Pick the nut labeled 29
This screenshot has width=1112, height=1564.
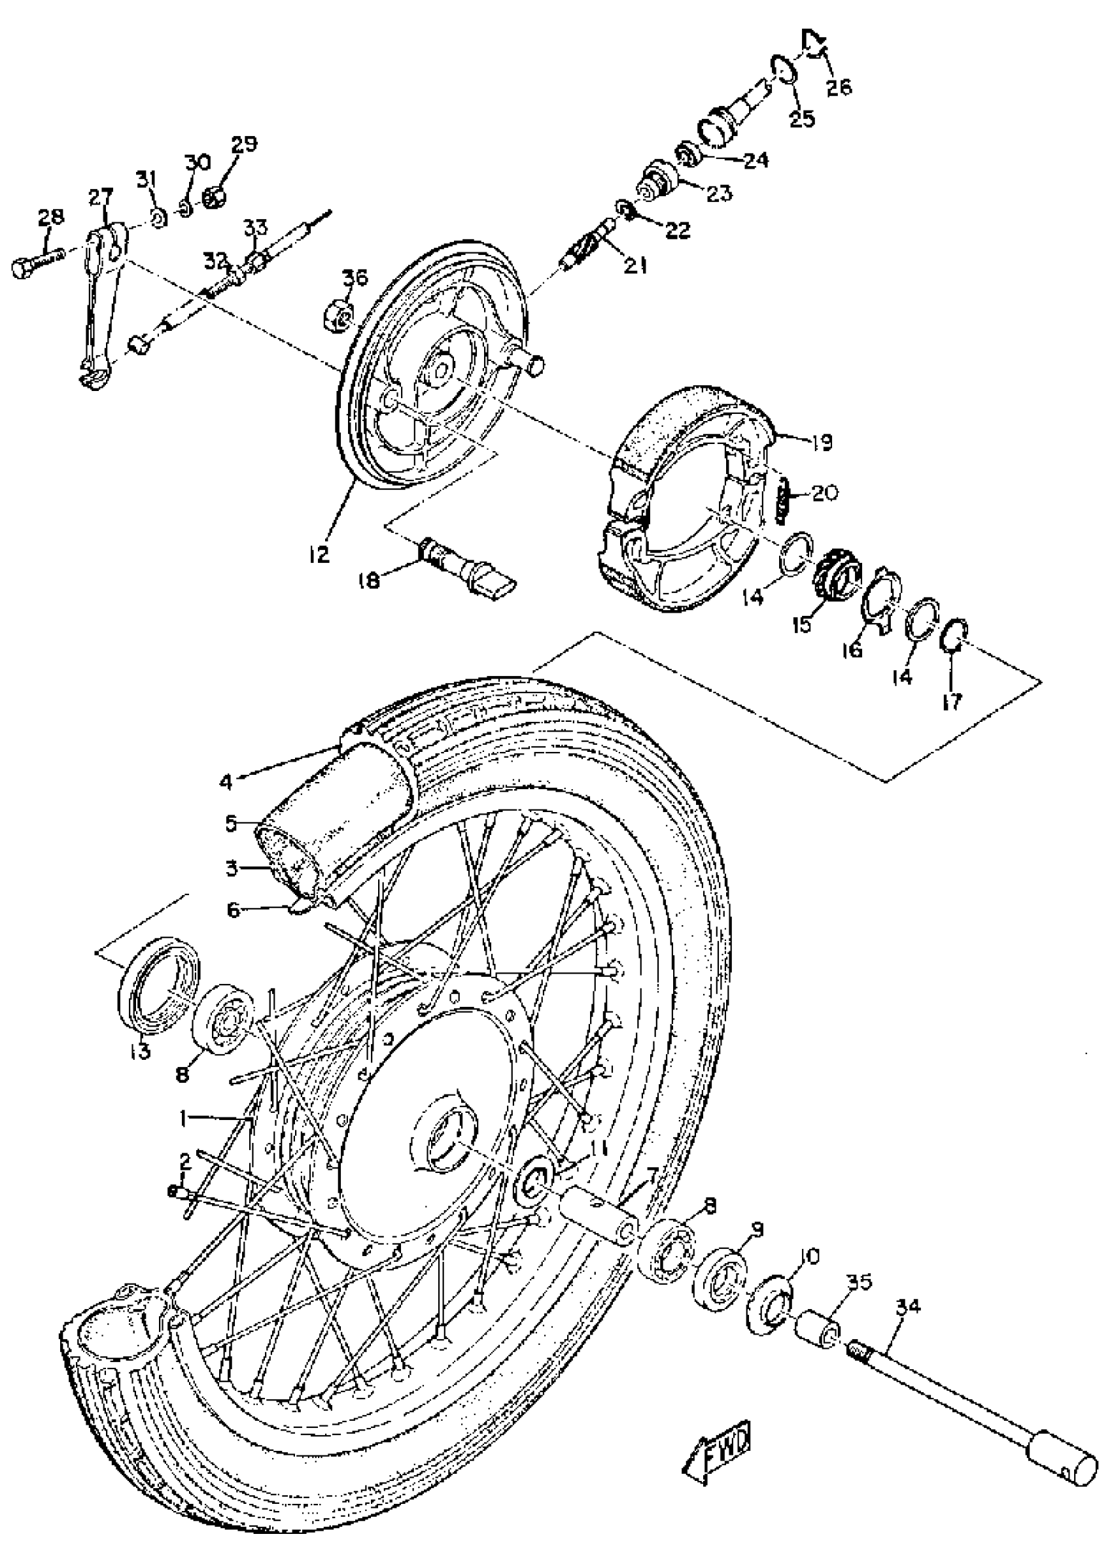(215, 197)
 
